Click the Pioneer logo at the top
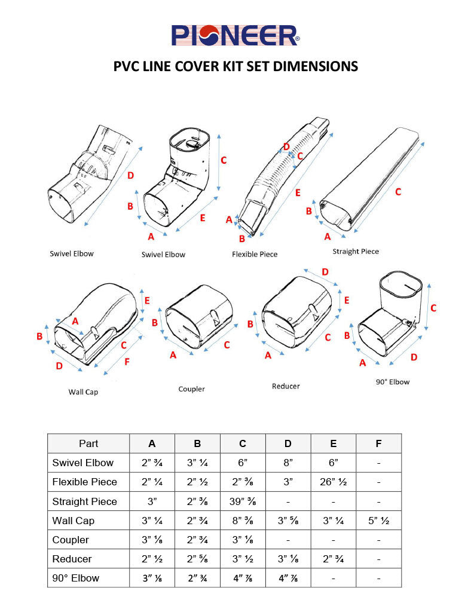[x=235, y=35]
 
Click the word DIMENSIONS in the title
[x=315, y=66]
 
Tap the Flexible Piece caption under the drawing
[x=255, y=254]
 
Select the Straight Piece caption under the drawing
[x=356, y=251]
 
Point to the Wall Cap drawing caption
[x=83, y=392]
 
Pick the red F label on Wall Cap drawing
[x=127, y=361]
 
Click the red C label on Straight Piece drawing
[x=397, y=192]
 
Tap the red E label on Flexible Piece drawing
[x=298, y=192]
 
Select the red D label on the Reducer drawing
[x=325, y=272]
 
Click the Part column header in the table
[x=88, y=443]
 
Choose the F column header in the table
[x=378, y=443]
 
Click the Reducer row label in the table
[x=72, y=559]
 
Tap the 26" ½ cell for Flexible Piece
[x=333, y=482]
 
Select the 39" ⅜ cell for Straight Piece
[x=243, y=501]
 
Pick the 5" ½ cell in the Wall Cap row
[x=378, y=521]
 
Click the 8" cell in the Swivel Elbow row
[x=288, y=463]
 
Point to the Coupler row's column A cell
[x=152, y=540]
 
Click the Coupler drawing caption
[x=191, y=389]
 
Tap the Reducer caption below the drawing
[x=286, y=386]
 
